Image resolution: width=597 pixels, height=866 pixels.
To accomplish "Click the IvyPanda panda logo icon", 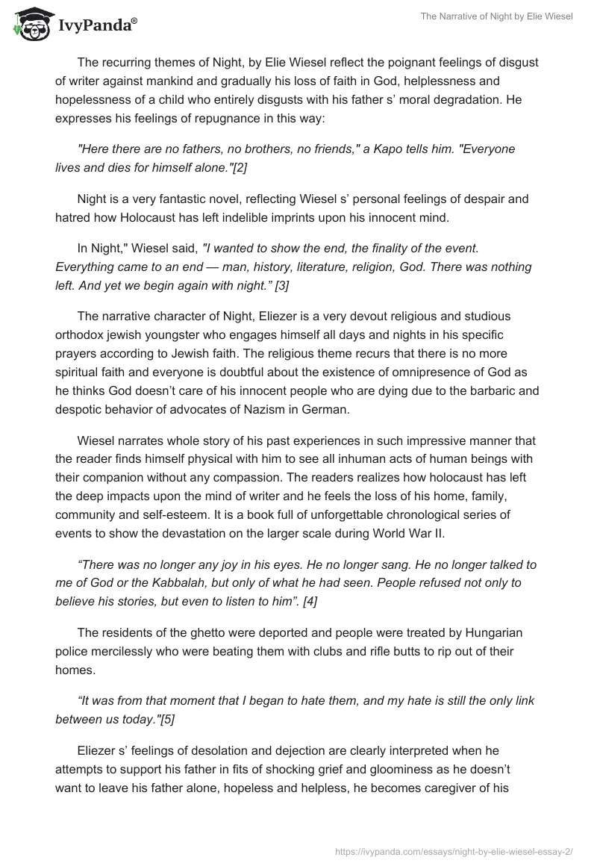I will (x=29, y=24).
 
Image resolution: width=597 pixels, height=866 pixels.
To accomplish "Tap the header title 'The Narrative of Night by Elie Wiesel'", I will (x=495, y=17).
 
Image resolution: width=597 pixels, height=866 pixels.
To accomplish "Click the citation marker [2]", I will (x=240, y=168).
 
